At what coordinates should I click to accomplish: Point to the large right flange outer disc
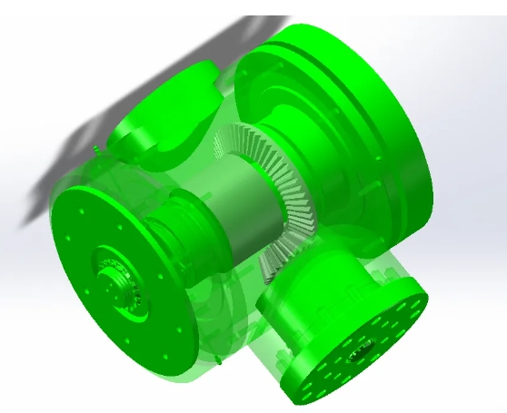(x=400, y=136)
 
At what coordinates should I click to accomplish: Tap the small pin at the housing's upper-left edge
(x=95, y=145)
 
